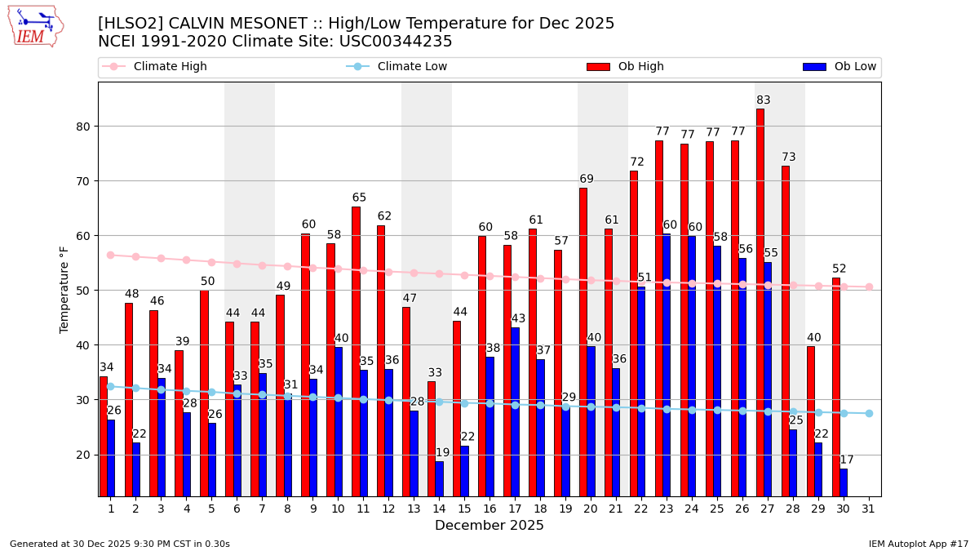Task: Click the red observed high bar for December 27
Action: [x=760, y=302]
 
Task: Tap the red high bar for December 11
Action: [x=356, y=351]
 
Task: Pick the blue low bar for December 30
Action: [x=844, y=482]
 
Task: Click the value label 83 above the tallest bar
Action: [x=764, y=100]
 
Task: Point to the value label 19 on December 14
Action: [x=442, y=453]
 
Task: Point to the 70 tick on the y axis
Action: [x=82, y=181]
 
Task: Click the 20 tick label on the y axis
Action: [x=82, y=455]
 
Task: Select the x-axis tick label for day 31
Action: [x=869, y=509]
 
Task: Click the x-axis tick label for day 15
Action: [x=464, y=509]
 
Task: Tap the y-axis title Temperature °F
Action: [x=64, y=289]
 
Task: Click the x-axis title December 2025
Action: [x=489, y=526]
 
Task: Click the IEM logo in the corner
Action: [x=35, y=26]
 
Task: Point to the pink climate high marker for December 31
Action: [x=869, y=287]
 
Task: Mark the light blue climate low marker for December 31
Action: [x=869, y=413]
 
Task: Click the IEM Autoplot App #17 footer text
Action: [x=919, y=544]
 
